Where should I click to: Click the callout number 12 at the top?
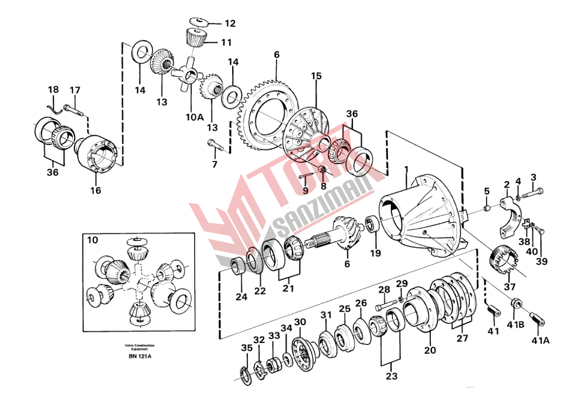click(x=230, y=23)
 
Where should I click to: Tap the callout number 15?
click(x=316, y=76)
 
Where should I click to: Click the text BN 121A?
click(x=140, y=357)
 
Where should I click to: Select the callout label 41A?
click(x=540, y=341)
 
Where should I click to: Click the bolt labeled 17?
click(x=74, y=109)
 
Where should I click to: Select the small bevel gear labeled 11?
click(x=194, y=37)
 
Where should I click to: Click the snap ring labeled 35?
click(x=245, y=375)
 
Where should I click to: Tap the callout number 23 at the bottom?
click(x=391, y=376)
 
